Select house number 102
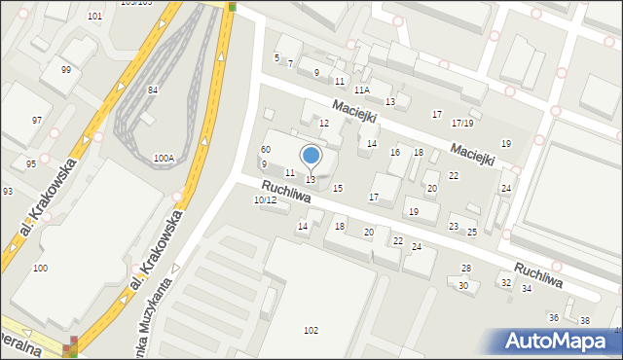pos(311,331)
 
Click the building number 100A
pos(164,158)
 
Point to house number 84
pos(153,90)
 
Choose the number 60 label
pos(265,149)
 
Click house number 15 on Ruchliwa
pos(338,188)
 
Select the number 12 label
pos(324,124)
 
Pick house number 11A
pos(362,90)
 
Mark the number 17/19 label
pos(462,124)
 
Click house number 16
pos(394,153)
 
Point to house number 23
pos(453,227)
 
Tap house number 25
pos(472,232)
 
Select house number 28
pos(466,268)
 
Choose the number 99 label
pos(65,70)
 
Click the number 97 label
pos(36,120)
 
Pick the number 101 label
pos(94,17)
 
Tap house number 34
pos(527,289)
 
